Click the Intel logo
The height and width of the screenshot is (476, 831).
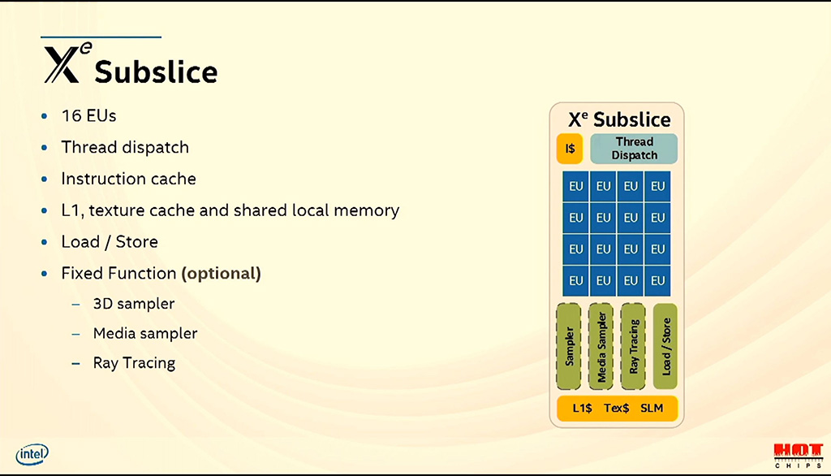[32, 454]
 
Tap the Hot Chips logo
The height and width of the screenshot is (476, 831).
[799, 456]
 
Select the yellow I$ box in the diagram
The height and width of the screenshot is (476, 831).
[570, 149]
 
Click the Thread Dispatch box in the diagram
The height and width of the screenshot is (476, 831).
[634, 149]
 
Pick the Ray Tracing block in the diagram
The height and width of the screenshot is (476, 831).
[633, 347]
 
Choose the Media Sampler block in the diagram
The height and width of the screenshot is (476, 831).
[601, 347]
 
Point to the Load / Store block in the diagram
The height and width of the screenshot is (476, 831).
[665, 347]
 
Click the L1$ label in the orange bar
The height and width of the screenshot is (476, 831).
[582, 408]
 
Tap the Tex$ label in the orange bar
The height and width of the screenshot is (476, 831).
[617, 408]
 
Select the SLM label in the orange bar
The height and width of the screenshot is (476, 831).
[652, 408]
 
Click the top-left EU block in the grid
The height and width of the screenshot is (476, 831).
[576, 186]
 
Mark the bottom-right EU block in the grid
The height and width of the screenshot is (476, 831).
[657, 281]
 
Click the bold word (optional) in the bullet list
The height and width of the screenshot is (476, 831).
[221, 273]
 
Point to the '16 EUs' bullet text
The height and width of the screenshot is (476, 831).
[88, 115]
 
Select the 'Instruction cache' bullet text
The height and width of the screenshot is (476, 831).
[128, 179]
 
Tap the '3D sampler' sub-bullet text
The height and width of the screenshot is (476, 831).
[134, 304]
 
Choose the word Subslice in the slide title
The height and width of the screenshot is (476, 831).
[156, 71]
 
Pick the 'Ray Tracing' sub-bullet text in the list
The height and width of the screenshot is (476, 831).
[134, 363]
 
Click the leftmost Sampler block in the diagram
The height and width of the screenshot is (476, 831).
[569, 347]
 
